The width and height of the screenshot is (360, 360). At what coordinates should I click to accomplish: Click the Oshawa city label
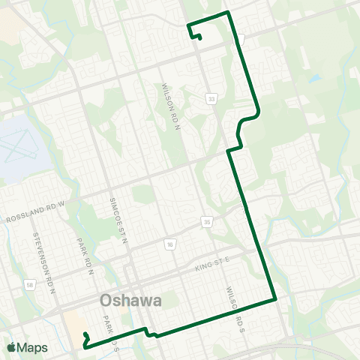tap(131, 301)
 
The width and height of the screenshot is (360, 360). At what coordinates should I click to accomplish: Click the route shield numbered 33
tap(212, 98)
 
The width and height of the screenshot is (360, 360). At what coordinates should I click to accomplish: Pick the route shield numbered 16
tap(171, 244)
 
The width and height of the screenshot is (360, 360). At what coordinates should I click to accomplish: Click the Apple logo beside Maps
tap(10, 347)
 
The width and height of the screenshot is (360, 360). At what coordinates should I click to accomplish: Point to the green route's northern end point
tap(199, 38)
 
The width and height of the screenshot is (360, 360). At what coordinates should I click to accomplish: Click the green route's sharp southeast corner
tap(276, 298)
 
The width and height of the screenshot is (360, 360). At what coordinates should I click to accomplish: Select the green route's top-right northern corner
tap(227, 13)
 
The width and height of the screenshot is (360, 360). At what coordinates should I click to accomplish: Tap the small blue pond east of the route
tap(314, 78)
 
